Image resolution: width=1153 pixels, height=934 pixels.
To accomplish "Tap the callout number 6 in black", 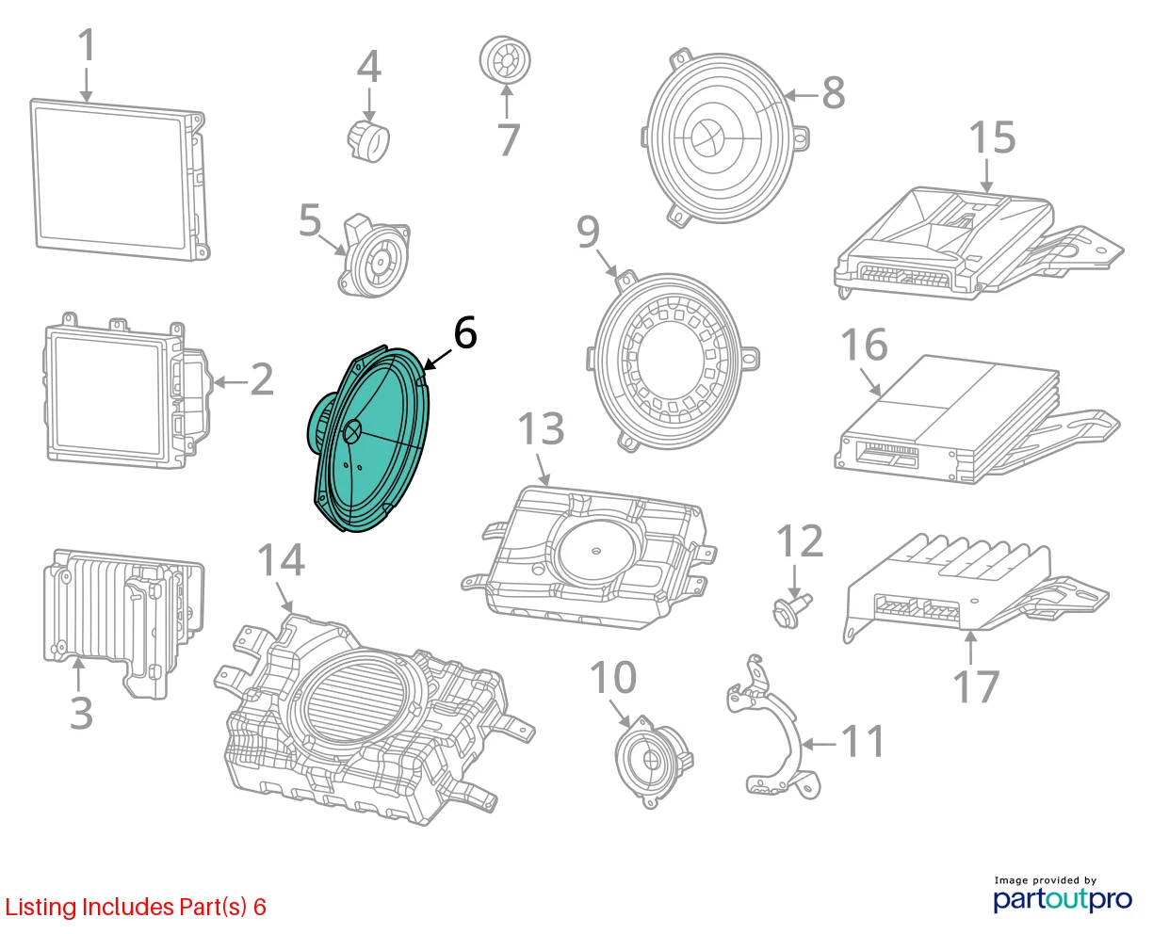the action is point(465,332).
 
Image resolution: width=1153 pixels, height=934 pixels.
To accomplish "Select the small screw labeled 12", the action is point(791,610).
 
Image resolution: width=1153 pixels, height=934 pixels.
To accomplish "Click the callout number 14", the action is point(281,559).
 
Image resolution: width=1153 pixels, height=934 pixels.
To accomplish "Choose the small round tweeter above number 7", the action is point(505,60).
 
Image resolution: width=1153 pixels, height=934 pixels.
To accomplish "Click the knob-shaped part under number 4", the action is point(368,141).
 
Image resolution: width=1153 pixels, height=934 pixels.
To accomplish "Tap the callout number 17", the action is point(976,686).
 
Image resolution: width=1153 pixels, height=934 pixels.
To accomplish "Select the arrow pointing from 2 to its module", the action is point(231,382).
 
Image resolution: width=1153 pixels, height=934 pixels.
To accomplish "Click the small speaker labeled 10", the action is point(654,762).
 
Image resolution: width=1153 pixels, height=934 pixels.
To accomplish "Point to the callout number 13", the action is point(541,428).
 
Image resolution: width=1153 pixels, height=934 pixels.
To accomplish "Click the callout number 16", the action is point(864,345).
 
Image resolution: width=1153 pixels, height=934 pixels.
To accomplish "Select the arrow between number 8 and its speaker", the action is point(801,96).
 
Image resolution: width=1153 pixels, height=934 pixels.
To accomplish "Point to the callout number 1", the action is point(88,45).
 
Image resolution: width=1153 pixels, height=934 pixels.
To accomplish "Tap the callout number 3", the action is point(81,714).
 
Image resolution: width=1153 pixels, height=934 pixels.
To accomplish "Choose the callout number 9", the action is point(589,232).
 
